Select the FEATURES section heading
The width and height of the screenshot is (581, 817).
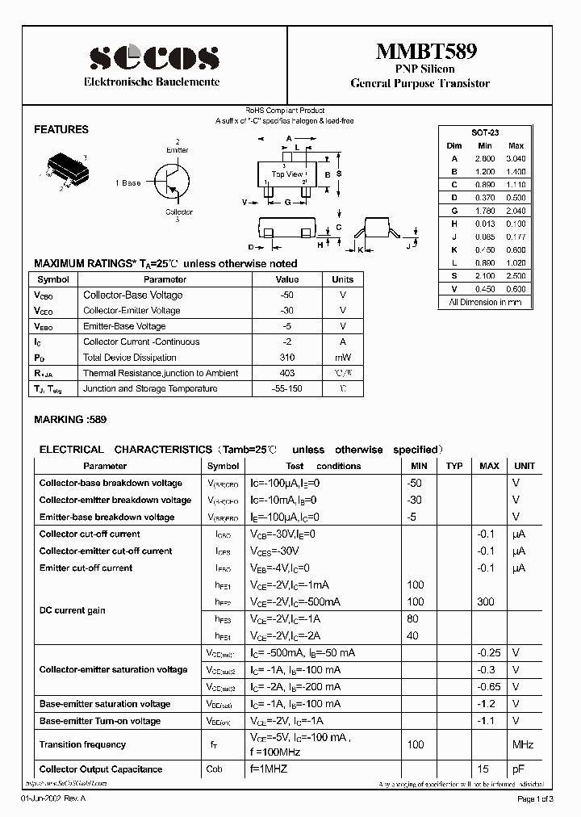click(x=61, y=129)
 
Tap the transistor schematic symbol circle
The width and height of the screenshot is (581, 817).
click(x=173, y=181)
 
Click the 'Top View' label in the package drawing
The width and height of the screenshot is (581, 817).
click(x=288, y=174)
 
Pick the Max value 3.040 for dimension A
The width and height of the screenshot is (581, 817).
click(x=515, y=159)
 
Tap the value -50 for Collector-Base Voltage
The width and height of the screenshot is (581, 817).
click(x=287, y=295)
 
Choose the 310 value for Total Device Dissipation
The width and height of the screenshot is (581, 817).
click(x=287, y=358)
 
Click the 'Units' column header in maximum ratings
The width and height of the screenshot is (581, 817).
click(x=343, y=279)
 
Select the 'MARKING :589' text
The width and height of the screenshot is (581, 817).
click(x=70, y=420)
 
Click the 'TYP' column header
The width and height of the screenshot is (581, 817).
click(x=454, y=466)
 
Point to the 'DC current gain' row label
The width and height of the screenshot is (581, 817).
click(x=73, y=610)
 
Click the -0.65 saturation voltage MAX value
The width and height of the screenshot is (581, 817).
click(x=489, y=686)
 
